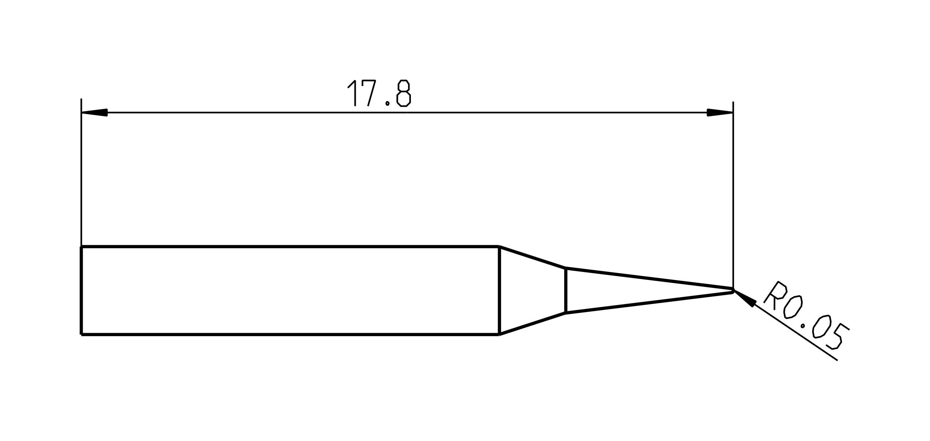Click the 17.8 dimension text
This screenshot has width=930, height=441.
(x=379, y=93)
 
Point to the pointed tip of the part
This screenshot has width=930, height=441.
(x=733, y=291)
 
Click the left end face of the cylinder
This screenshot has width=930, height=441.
(x=81, y=291)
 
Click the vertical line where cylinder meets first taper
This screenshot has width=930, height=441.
(x=499, y=291)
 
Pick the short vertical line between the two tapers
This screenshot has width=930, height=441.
(x=565, y=291)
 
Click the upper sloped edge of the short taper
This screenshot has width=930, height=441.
(x=533, y=257)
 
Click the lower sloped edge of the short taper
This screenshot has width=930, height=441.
(x=533, y=324)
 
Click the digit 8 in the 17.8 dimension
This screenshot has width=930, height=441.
(x=404, y=93)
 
